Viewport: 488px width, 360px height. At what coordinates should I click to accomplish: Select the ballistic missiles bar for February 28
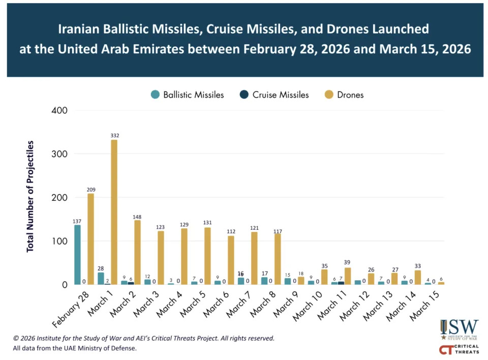pyautogui.click(x=77, y=254)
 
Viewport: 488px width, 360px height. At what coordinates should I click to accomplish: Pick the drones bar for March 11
pyautogui.click(x=348, y=276)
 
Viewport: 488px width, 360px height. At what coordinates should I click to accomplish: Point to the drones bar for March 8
pyautogui.click(x=278, y=259)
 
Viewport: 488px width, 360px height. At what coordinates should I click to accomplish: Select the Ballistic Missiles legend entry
pyautogui.click(x=188, y=95)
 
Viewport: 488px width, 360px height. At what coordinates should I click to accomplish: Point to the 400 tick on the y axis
pyautogui.click(x=60, y=110)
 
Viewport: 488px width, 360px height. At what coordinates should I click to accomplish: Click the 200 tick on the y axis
pyautogui.click(x=60, y=198)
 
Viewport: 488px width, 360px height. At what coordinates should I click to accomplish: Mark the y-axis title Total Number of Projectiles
pyautogui.click(x=30, y=196)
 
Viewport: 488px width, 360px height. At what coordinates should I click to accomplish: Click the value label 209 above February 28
pyautogui.click(x=90, y=190)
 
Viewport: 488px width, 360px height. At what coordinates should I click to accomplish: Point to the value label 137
pyautogui.click(x=77, y=221)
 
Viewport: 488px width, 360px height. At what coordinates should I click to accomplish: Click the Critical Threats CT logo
pyautogui.click(x=459, y=350)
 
